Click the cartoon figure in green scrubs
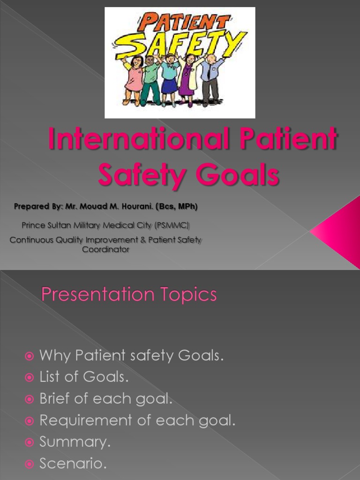(x=151, y=80)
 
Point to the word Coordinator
(x=105, y=249)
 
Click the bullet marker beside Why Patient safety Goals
(x=30, y=356)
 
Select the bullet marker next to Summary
(x=30, y=442)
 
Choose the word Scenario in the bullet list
(x=73, y=464)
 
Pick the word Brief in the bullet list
(x=57, y=399)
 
